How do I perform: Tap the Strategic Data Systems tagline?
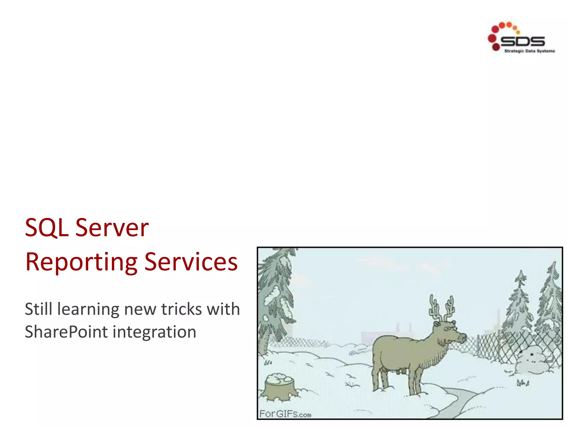click(x=529, y=51)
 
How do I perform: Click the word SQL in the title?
click(x=47, y=228)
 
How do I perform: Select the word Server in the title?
click(x=112, y=228)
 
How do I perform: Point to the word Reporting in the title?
click(x=81, y=262)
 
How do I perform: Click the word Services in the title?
click(x=191, y=262)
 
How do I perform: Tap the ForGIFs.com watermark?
click(x=285, y=414)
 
